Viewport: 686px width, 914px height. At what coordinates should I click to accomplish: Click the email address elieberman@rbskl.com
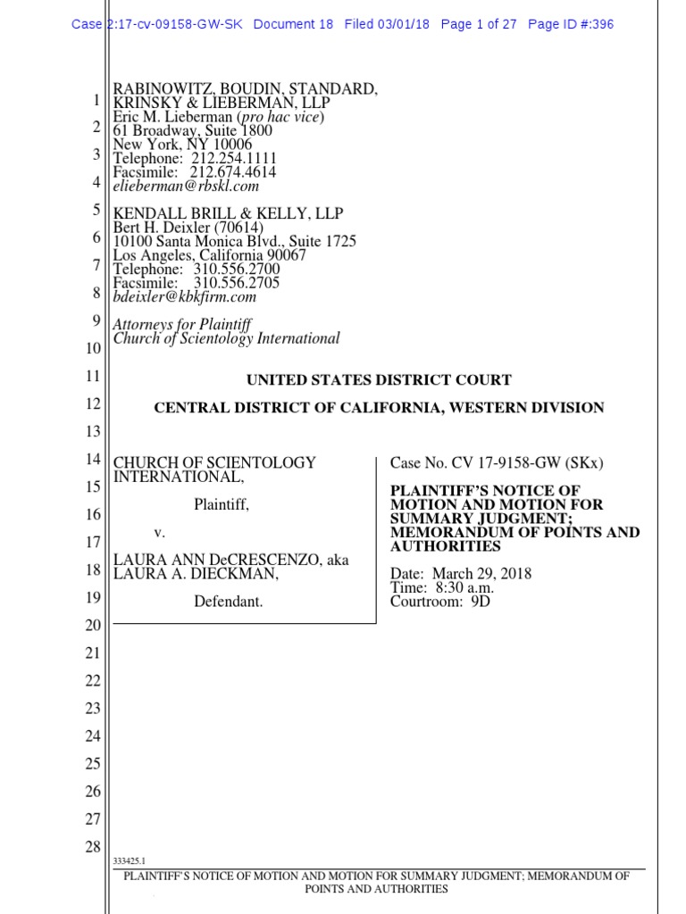click(x=185, y=187)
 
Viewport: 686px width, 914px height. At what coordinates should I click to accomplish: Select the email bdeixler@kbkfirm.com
click(x=184, y=297)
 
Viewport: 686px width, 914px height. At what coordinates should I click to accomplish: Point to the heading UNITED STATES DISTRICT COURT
click(x=379, y=380)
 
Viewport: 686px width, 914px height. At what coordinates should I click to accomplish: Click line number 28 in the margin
click(x=92, y=847)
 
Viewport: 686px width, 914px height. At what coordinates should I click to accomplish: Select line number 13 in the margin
click(x=92, y=432)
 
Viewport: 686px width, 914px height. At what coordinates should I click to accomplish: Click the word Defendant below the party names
click(x=229, y=602)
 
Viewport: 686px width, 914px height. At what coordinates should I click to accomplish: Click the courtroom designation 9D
click(x=481, y=602)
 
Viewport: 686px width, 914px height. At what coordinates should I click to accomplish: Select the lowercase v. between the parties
click(x=160, y=533)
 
